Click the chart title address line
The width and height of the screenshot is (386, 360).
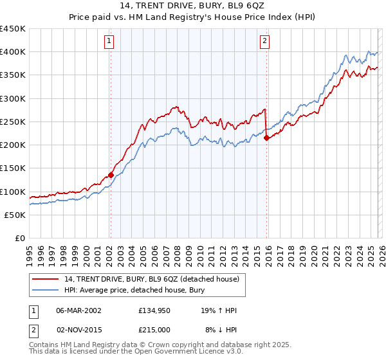pos(193,6)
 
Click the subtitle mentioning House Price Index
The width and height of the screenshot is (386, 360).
pos(193,18)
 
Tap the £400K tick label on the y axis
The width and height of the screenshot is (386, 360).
pos(13,52)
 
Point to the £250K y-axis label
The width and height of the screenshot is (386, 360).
pos(13,122)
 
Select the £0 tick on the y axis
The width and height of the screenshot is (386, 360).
pos(21,238)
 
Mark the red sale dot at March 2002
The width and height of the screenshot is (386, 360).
pos(111,175)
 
